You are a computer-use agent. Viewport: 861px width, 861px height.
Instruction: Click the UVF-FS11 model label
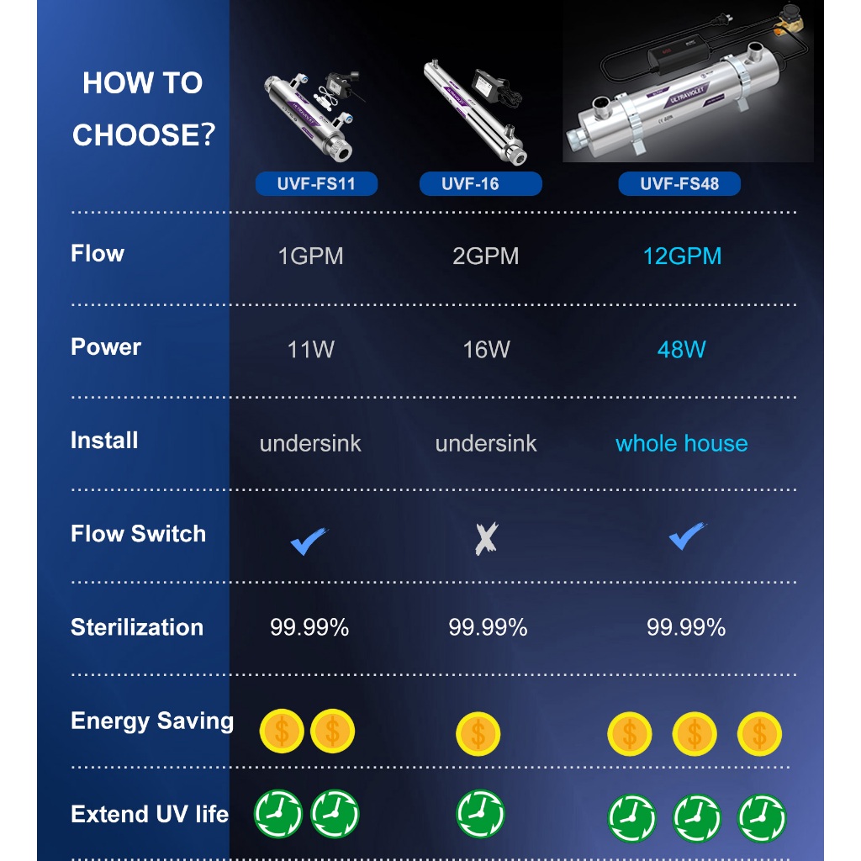(x=316, y=183)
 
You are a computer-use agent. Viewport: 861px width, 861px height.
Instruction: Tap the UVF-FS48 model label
(x=679, y=183)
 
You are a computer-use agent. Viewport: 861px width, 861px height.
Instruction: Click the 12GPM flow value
(x=682, y=256)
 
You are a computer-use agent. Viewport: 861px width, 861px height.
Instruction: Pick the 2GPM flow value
(x=485, y=256)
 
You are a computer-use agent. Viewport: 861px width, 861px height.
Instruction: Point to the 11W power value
(x=311, y=349)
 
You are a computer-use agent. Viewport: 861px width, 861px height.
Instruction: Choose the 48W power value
(x=681, y=349)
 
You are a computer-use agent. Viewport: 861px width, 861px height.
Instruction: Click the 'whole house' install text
(x=681, y=443)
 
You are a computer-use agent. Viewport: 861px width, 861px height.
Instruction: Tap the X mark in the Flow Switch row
(x=487, y=538)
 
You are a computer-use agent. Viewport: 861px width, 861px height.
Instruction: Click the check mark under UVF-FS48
(x=687, y=536)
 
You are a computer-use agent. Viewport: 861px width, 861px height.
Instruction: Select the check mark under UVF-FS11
(x=309, y=541)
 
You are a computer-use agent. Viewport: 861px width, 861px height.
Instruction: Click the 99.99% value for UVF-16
(x=489, y=627)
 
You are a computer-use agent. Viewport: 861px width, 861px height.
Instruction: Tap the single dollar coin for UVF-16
(x=478, y=733)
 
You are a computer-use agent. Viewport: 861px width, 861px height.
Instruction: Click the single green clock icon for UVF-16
(x=480, y=814)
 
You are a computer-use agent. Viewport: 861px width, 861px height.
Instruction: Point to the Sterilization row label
(x=137, y=627)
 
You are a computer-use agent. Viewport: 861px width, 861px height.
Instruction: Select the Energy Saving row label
(x=152, y=721)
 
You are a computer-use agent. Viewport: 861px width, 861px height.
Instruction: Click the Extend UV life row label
(x=150, y=814)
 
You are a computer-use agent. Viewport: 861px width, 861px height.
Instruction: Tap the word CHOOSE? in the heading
(x=144, y=135)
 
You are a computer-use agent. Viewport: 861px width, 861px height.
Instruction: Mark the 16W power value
(x=487, y=349)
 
